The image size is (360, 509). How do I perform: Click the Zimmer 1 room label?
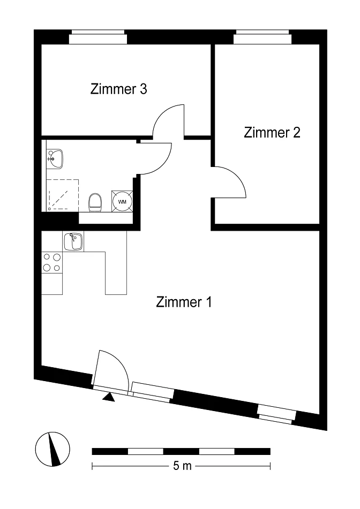184,302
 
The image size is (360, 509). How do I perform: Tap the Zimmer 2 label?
272,132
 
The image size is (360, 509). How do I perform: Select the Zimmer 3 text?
118,89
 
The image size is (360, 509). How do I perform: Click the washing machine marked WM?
122,202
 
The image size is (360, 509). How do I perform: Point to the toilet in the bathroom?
95,202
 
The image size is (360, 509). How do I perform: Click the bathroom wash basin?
55,159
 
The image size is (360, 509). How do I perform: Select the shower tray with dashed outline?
63,195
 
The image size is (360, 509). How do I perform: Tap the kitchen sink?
73,242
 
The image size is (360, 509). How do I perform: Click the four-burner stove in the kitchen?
52,263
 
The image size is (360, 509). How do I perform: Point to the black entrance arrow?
109,397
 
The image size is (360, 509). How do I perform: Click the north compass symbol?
52,449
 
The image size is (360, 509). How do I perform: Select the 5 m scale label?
182,466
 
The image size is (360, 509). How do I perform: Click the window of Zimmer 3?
98,37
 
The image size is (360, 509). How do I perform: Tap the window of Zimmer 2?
262,37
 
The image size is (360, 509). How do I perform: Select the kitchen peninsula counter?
116,272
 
